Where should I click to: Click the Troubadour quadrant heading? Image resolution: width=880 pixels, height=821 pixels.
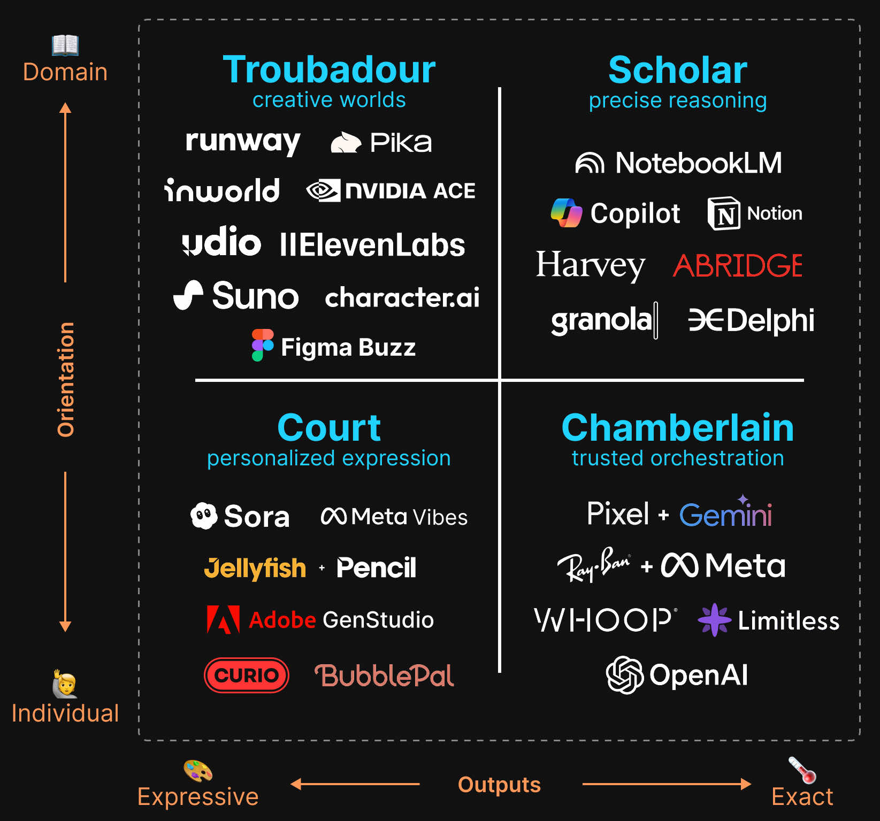click(329, 70)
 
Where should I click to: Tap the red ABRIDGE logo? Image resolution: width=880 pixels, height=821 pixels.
click(738, 266)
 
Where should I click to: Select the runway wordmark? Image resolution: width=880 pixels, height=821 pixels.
click(243, 142)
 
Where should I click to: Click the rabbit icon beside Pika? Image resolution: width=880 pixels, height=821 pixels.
click(346, 143)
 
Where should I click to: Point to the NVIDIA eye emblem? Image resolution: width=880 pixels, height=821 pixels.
click(323, 190)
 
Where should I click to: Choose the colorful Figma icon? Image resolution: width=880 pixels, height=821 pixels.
click(262, 345)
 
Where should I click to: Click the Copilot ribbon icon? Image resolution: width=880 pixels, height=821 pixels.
click(567, 213)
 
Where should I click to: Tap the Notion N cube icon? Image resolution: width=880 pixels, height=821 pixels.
click(724, 213)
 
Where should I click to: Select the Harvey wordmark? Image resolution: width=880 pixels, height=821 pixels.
click(591, 265)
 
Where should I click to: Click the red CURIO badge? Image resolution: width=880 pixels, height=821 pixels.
click(247, 675)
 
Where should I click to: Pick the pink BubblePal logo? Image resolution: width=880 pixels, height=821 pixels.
click(384, 676)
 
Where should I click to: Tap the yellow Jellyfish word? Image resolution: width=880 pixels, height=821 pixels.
click(255, 568)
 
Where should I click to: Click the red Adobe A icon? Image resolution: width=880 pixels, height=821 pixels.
click(223, 620)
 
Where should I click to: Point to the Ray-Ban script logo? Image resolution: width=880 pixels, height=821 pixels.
click(593, 565)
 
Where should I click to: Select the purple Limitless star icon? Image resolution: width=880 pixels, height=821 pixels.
click(714, 620)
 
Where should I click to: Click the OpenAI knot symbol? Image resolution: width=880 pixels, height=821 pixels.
click(624, 675)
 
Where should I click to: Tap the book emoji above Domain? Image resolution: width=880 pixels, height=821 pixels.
click(65, 45)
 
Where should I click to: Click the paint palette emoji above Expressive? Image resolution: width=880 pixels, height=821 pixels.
click(198, 771)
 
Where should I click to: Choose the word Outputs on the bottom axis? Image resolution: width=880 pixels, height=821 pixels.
click(499, 785)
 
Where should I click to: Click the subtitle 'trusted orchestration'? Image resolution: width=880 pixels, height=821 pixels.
click(678, 458)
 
